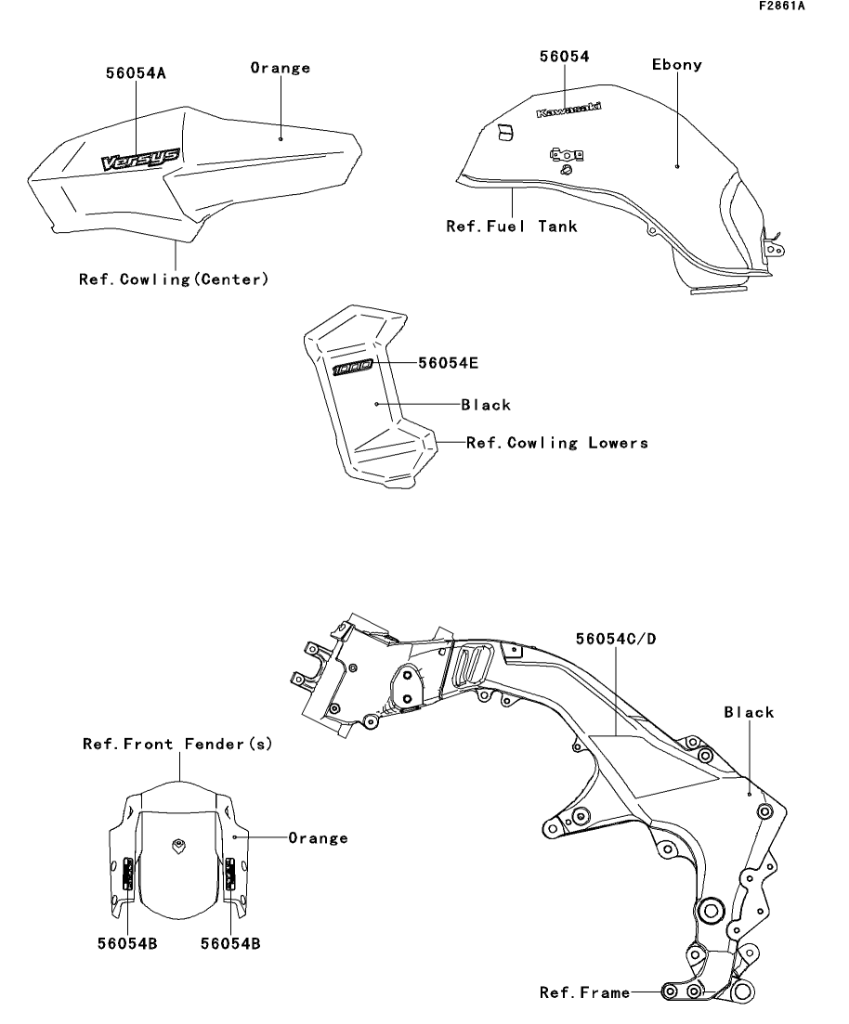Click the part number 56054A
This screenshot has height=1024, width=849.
point(136,73)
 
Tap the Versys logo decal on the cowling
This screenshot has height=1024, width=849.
point(140,159)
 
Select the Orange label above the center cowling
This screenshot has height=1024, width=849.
point(281,68)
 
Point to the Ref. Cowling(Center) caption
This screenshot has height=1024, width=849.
point(174,279)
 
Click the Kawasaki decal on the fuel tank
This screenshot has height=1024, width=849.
point(568,110)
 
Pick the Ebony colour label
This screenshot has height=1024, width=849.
point(677,65)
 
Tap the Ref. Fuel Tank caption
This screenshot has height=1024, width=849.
point(513,227)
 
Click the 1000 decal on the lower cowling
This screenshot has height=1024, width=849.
point(353,368)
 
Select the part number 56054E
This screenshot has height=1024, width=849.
point(449,363)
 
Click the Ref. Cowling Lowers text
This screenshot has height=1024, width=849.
point(557,443)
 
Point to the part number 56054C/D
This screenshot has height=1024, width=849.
point(617,639)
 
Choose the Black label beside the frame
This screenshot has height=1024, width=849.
point(749,712)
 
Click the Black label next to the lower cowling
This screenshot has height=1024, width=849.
point(486,405)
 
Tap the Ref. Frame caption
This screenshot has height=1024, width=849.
point(585,992)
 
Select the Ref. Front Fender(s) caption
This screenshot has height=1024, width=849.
point(177,744)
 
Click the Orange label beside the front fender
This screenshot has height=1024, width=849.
point(319,838)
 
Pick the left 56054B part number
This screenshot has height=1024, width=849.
point(127,943)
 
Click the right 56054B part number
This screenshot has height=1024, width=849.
point(230,943)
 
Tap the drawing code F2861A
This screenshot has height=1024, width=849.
point(782,6)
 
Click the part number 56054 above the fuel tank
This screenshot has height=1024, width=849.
point(565,57)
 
